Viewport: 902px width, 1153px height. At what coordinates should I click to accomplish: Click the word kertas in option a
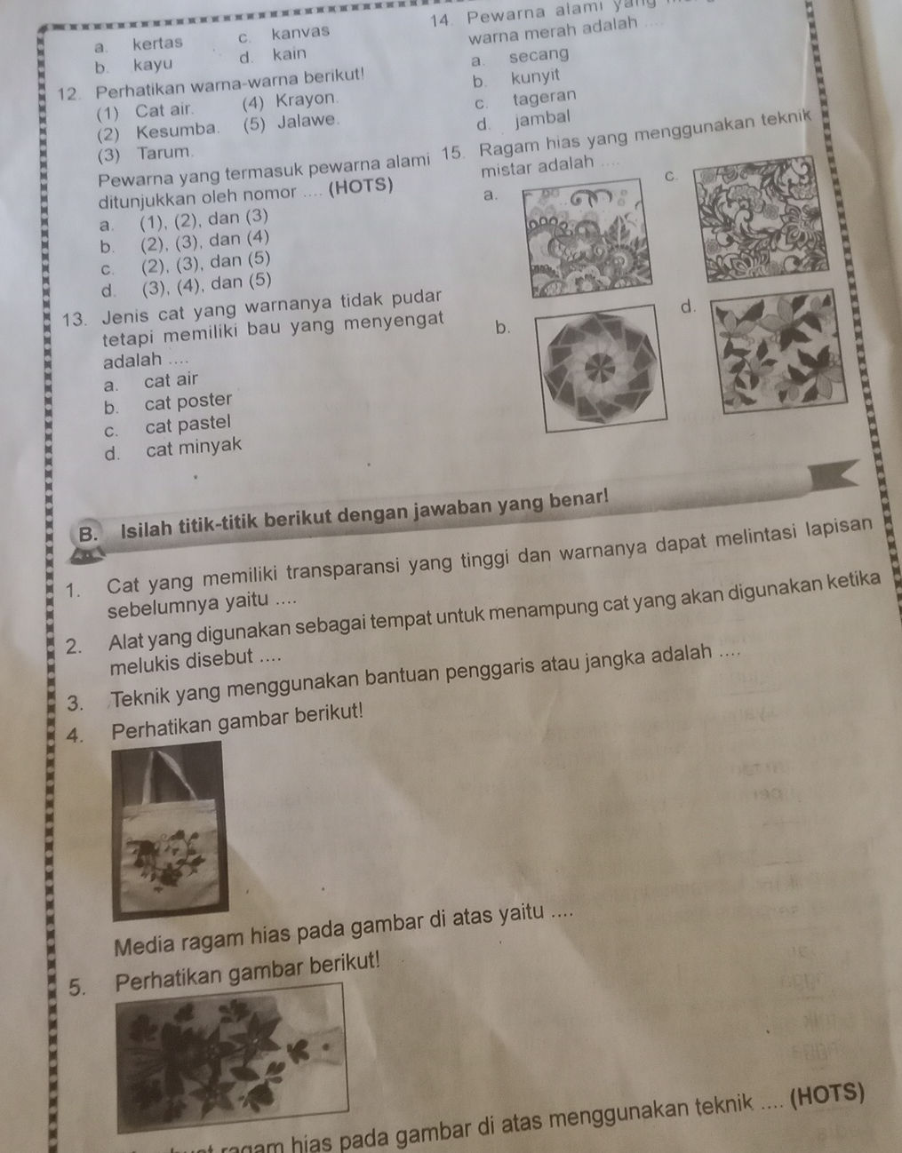(x=157, y=43)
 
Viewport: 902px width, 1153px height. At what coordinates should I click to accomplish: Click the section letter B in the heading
(x=88, y=533)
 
